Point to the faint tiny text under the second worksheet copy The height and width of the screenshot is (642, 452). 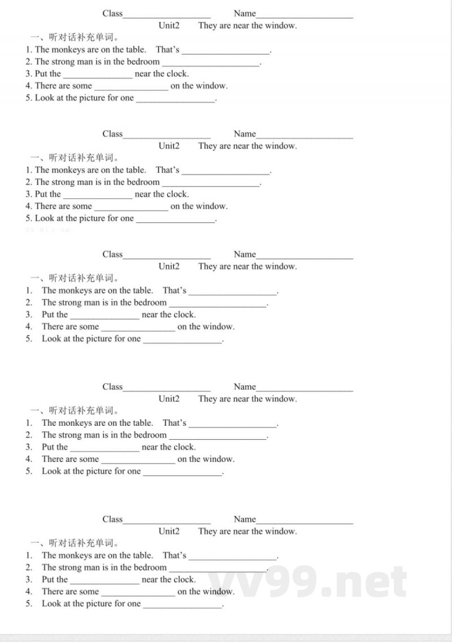click(x=49, y=230)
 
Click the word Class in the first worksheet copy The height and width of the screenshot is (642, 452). click(x=112, y=13)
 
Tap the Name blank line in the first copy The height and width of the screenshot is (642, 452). click(x=305, y=16)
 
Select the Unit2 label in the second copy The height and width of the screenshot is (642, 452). click(x=169, y=146)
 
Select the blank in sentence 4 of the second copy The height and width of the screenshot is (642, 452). click(x=131, y=208)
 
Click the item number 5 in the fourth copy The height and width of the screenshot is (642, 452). click(x=28, y=471)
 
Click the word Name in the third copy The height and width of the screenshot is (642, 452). click(x=245, y=254)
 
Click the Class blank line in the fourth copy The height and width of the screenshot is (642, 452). click(x=167, y=389)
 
